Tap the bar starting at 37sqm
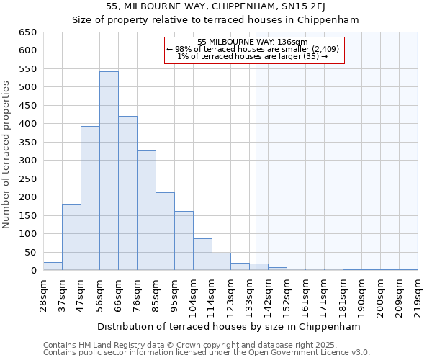(x=71, y=238)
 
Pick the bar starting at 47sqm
(x=90, y=198)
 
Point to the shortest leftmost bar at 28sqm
(x=53, y=266)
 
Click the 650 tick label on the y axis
(x=27, y=32)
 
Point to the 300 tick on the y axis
(x=27, y=161)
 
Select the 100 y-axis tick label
(x=27, y=234)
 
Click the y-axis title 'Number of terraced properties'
(x=7, y=155)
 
